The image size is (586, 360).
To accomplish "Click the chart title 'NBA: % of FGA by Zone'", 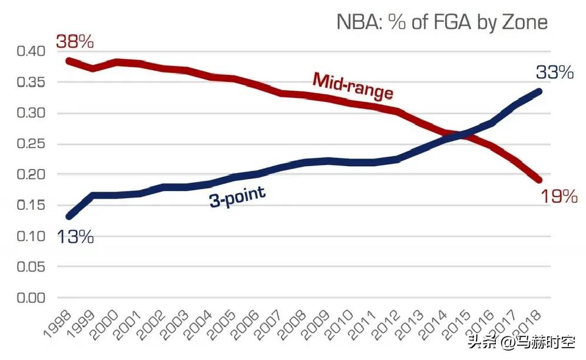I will (x=442, y=22).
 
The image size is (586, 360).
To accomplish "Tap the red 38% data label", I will (x=75, y=42).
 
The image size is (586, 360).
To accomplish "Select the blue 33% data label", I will (x=554, y=72).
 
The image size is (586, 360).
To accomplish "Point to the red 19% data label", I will (x=558, y=196).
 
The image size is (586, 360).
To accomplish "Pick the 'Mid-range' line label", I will (x=352, y=87).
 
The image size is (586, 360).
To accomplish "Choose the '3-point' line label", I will (x=237, y=197).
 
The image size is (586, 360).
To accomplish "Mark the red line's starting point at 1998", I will (x=68, y=61).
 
